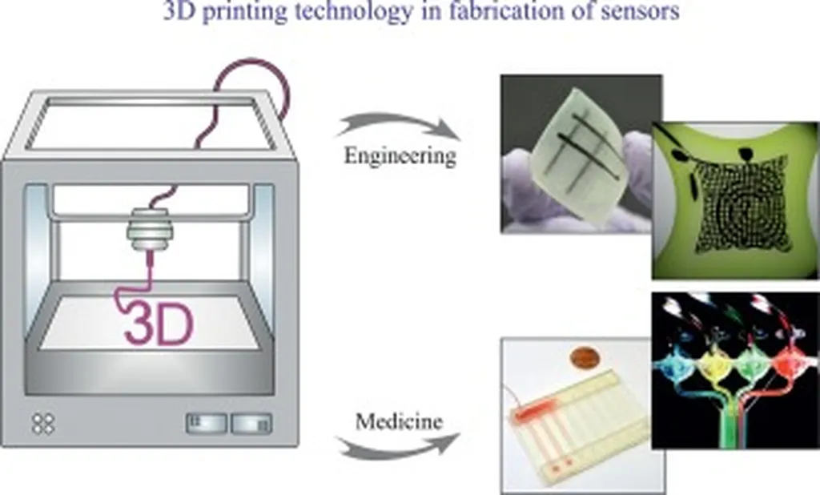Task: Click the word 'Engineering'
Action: click(400, 155)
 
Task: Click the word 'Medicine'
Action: click(399, 421)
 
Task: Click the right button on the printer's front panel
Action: click(251, 423)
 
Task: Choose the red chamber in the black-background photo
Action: click(789, 367)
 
